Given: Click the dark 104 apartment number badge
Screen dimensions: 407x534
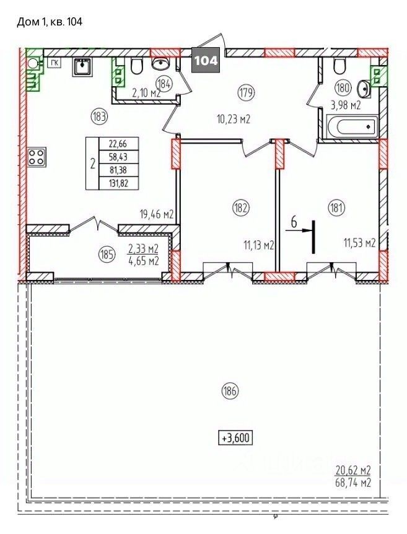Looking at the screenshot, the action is (x=206, y=60).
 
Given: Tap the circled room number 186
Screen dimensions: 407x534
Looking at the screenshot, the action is (x=230, y=391).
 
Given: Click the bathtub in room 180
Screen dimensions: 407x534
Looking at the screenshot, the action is (x=352, y=127).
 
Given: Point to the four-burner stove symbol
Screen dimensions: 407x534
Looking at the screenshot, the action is (x=36, y=157).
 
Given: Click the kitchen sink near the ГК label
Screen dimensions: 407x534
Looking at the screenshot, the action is (x=81, y=66).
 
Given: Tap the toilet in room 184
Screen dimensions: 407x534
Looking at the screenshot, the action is (x=136, y=66).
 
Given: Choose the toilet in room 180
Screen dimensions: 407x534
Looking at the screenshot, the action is (x=340, y=66).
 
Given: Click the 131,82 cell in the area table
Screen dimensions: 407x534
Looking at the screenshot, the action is (x=118, y=183).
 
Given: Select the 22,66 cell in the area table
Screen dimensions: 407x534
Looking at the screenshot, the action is (x=118, y=144).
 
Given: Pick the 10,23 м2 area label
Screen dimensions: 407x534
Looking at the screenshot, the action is (x=234, y=120).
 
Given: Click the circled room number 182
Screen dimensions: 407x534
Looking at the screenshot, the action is (x=240, y=208).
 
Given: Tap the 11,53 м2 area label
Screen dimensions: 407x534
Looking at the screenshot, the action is (x=359, y=243).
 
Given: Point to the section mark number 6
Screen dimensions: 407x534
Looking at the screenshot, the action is (x=294, y=222).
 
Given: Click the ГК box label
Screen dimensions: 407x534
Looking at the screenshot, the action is (x=54, y=63).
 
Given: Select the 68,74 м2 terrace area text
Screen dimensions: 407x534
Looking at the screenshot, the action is (x=352, y=483).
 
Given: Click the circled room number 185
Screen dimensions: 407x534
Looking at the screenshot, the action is (x=107, y=255).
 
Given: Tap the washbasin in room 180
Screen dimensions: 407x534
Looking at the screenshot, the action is (x=364, y=89).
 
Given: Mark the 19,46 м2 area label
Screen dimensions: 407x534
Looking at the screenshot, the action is (x=157, y=214).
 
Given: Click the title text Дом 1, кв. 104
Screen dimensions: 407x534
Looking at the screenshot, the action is (x=50, y=22).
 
